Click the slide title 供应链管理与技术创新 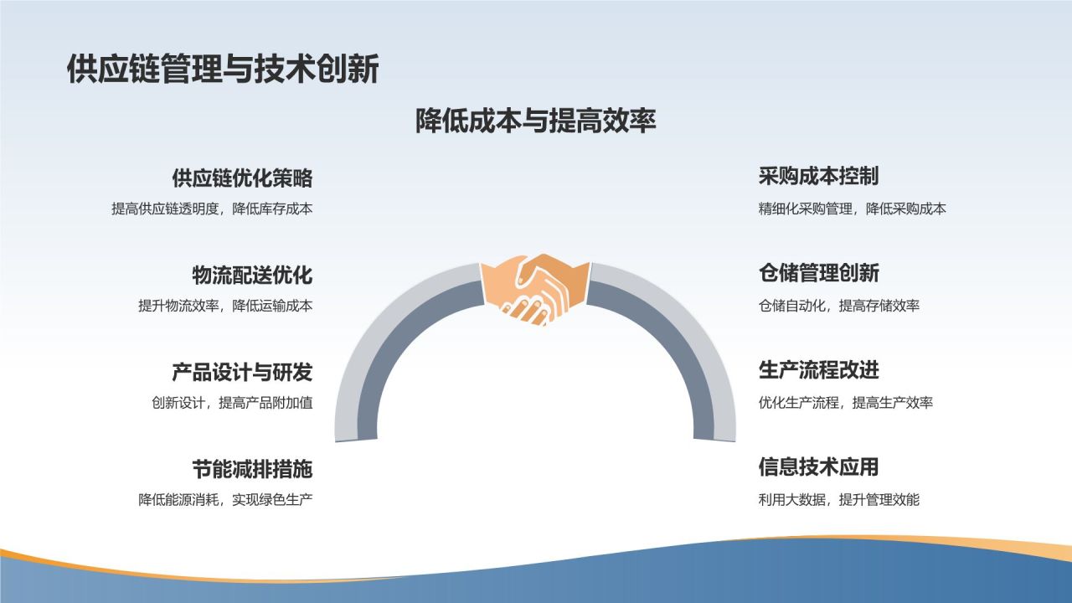pyautogui.click(x=223, y=69)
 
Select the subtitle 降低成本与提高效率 pyautogui.click(x=535, y=120)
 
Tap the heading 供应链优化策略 pyautogui.click(x=242, y=178)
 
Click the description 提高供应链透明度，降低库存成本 pyautogui.click(x=212, y=209)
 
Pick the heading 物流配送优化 pyautogui.click(x=252, y=276)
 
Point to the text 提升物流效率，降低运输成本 pyautogui.click(x=225, y=306)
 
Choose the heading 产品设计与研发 pyautogui.click(x=242, y=372)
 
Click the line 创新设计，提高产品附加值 pyautogui.click(x=232, y=403)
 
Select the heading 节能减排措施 pyautogui.click(x=252, y=469)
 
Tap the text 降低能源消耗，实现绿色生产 pyautogui.click(x=225, y=500)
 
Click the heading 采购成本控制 pyautogui.click(x=819, y=176)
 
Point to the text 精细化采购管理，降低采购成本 pyautogui.click(x=853, y=209)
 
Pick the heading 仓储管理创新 pyautogui.click(x=819, y=273)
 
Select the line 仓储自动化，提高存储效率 pyautogui.click(x=839, y=306)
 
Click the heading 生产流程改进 pyautogui.click(x=819, y=370)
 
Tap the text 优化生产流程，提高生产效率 pyautogui.click(x=846, y=403)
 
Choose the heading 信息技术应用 pyautogui.click(x=819, y=466)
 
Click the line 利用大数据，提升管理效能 pyautogui.click(x=839, y=500)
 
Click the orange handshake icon pyautogui.click(x=535, y=290)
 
